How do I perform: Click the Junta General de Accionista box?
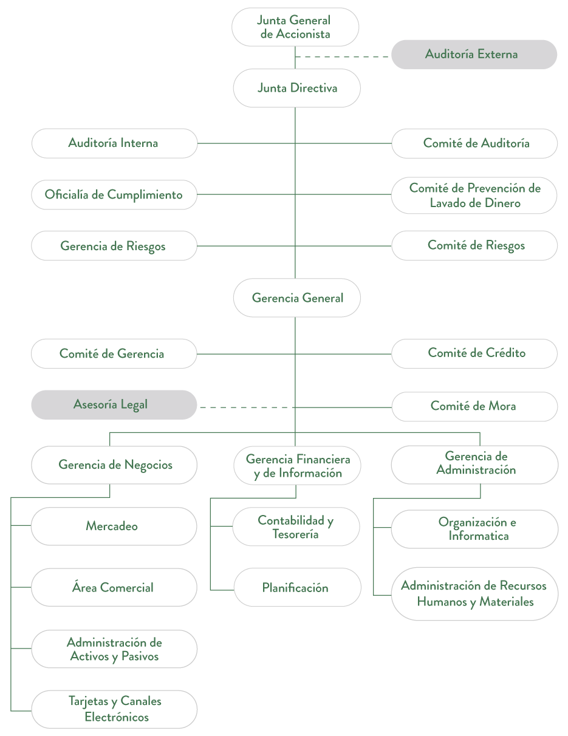pos(295,27)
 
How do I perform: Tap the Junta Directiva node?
pos(296,88)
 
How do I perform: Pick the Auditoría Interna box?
pos(114,143)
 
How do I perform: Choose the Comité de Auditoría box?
pos(474,143)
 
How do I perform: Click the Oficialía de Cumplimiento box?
pos(114,195)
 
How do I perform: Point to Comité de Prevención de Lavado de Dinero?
pos(474,196)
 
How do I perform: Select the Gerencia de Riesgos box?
pos(114,246)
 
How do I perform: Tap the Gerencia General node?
pos(296,298)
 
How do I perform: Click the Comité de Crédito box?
pos(474,353)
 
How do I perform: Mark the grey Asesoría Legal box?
pos(114,404)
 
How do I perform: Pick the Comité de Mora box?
pos(474,406)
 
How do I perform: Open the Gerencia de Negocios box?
pos(114,465)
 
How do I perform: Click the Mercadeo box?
pos(114,526)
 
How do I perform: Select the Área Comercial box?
pos(114,587)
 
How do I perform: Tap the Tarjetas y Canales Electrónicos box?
pos(114,709)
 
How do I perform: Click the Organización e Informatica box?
pos(474,529)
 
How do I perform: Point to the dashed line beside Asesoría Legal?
pos(247,407)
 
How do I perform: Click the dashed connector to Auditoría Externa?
pos(343,56)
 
